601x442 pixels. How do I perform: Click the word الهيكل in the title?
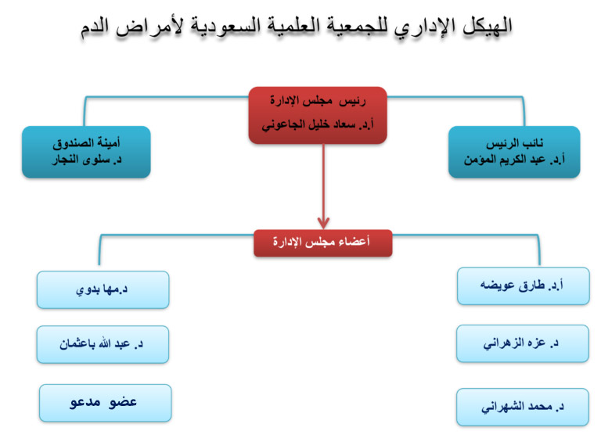[487, 26]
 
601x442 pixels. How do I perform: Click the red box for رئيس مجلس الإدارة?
[318, 115]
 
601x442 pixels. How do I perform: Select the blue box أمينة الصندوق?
[86, 152]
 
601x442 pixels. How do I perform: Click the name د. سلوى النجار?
[87, 160]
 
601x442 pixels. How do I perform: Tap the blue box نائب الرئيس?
[514, 152]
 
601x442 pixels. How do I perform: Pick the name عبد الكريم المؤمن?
[505, 160]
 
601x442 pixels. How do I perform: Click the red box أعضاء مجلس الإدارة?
[323, 243]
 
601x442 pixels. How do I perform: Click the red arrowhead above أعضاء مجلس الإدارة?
[323, 223]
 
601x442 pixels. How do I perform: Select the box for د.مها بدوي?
[103, 290]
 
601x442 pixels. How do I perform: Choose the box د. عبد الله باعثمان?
[103, 345]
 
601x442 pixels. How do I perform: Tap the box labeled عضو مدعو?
[106, 403]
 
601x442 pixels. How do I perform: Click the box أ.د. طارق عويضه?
[524, 286]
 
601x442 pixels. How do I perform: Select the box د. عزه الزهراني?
[523, 343]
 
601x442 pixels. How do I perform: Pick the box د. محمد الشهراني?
[523, 407]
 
